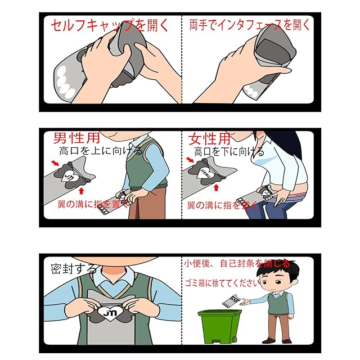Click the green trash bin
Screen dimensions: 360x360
219,326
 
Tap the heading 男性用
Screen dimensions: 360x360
76,138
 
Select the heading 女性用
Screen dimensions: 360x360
209,139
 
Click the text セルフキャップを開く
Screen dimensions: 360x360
110,25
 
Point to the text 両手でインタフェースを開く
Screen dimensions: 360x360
250,25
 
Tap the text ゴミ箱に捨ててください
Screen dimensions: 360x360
223,283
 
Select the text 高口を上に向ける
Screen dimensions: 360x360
101,151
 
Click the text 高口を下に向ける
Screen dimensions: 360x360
229,151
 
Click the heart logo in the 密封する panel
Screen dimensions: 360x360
110,313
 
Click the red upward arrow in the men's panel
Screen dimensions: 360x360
81,191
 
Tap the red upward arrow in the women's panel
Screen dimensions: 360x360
216,188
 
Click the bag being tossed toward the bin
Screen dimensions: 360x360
231,300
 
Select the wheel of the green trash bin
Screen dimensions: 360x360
234,339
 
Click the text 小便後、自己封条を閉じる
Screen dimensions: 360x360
237,264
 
